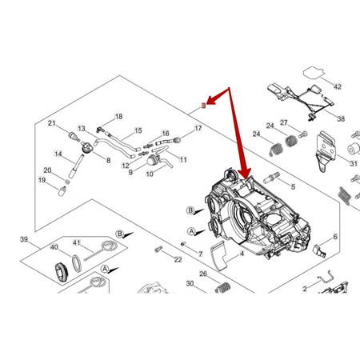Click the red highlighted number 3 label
click(203, 106)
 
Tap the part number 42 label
click(338, 86)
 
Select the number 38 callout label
click(341, 118)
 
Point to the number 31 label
click(354, 163)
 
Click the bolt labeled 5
click(271, 178)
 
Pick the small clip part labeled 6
click(319, 250)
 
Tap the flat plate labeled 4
click(218, 256)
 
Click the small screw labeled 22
click(158, 250)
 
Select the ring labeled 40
click(77, 262)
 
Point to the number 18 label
click(118, 117)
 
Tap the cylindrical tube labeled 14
click(76, 166)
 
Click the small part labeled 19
click(62, 191)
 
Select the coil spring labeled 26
click(222, 287)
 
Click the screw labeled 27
click(303, 134)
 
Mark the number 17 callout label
click(198, 128)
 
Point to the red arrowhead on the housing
click(245, 173)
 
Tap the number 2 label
click(305, 289)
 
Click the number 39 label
click(24, 239)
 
